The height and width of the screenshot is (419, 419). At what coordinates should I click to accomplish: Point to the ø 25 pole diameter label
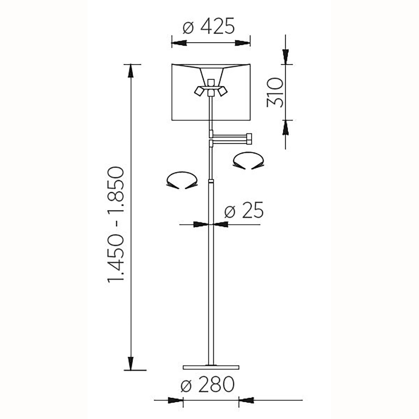244,210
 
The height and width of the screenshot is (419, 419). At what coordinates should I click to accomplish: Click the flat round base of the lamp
211,367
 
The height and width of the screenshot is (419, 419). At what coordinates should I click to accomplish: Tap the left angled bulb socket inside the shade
199,91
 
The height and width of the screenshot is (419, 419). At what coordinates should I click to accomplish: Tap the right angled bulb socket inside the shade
222,91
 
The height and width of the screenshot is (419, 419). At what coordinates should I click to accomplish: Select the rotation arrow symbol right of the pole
248,161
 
